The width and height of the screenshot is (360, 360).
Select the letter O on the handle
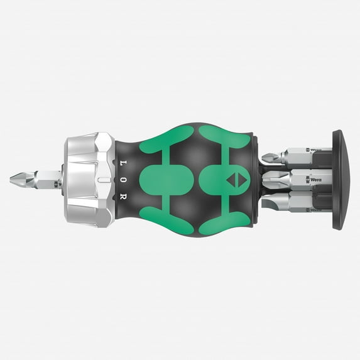click(x=121, y=179)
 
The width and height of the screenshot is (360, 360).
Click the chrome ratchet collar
click(x=88, y=180)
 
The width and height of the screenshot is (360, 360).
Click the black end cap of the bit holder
click(x=345, y=180)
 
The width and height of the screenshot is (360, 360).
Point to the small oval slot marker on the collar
click(x=100, y=180)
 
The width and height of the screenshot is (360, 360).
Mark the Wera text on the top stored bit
click(x=312, y=150)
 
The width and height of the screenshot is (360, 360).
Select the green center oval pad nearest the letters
click(x=157, y=180)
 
